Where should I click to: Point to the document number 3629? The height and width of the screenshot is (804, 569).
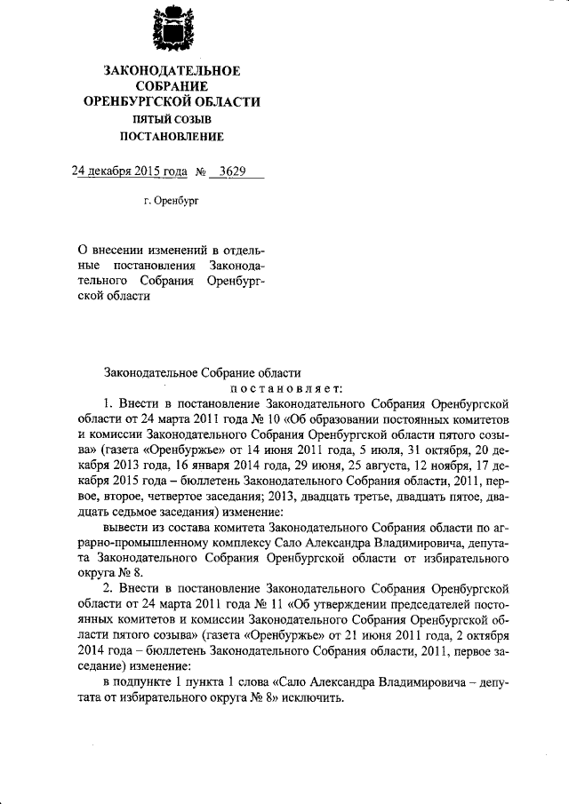[233, 171]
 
